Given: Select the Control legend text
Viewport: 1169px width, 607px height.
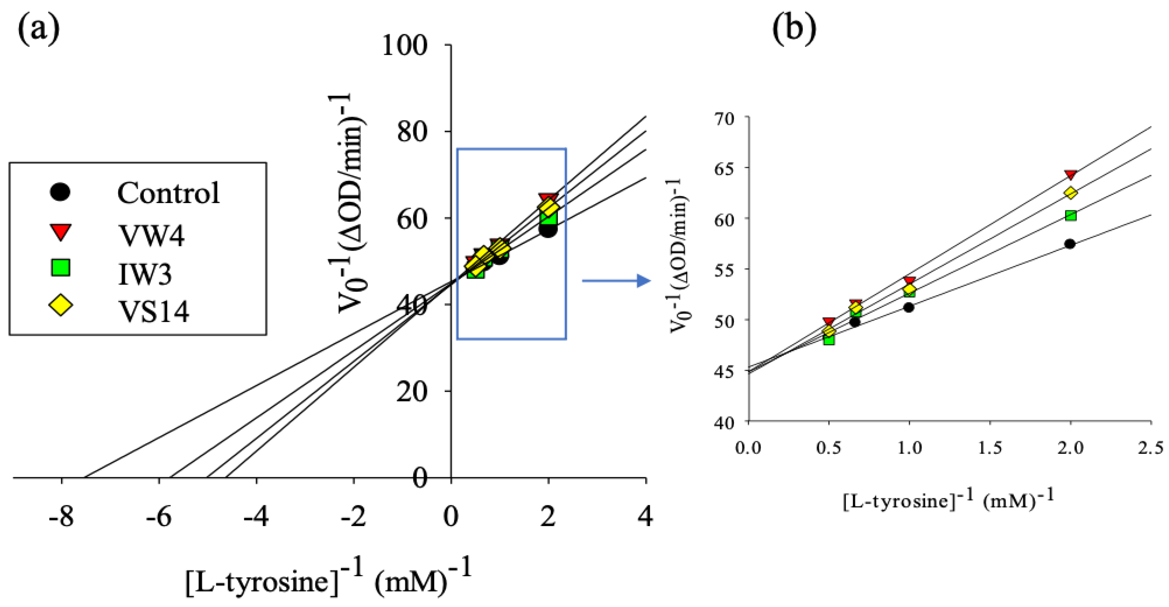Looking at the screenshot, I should tap(168, 193).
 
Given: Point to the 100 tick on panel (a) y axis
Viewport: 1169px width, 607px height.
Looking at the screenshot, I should tap(405, 45).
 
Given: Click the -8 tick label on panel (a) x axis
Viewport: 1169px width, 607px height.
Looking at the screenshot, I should tap(61, 517).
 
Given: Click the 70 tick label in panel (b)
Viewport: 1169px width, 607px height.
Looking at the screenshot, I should tap(725, 119).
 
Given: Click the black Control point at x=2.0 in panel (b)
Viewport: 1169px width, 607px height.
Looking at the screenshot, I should tap(1070, 244).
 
